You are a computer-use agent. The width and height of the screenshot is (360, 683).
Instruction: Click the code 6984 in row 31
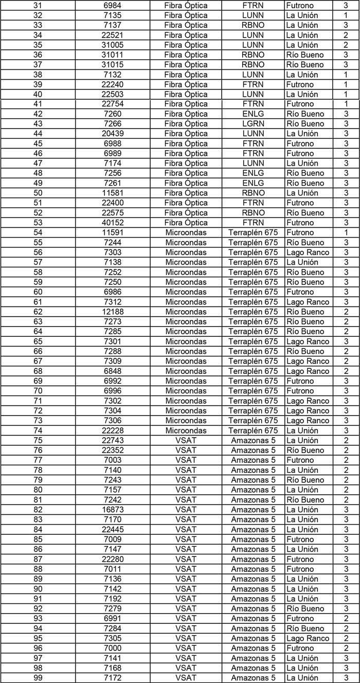pos(113,6)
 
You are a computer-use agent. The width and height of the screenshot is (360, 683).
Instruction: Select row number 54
pos(38,233)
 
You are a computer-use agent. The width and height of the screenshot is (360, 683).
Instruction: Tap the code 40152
pos(113,223)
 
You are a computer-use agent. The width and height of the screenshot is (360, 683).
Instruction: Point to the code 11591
pos(113,233)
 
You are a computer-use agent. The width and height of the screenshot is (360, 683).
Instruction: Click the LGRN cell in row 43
pos(253,124)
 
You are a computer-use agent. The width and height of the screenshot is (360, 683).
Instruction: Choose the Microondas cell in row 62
pos(186,312)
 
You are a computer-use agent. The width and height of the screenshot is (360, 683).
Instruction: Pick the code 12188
pos(113,312)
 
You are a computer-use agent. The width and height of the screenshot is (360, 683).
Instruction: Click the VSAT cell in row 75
pos(186,440)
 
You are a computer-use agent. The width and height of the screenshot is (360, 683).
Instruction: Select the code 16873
pos(113,510)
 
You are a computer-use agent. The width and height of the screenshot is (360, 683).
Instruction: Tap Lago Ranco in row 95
pos(308,638)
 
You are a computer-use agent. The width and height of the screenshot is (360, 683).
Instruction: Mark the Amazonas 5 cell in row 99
pos(253,678)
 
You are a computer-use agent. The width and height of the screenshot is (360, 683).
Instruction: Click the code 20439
pos(113,134)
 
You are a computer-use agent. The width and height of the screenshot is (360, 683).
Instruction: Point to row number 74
pos(38,430)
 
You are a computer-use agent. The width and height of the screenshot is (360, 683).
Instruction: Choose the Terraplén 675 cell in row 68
pos(253,371)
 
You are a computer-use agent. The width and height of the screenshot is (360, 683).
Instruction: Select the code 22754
pos(113,104)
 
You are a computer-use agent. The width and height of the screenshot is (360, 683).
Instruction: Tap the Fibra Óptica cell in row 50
pos(186,193)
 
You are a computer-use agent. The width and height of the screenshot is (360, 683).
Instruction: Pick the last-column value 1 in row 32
pos(346,15)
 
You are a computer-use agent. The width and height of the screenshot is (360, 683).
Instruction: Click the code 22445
pos(113,529)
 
